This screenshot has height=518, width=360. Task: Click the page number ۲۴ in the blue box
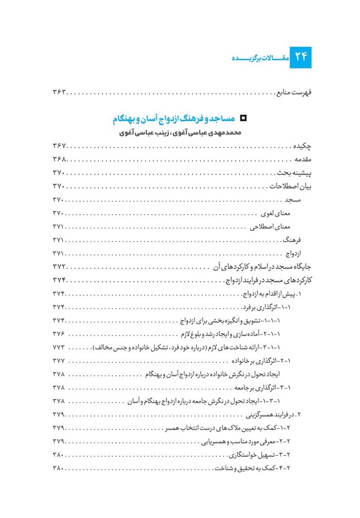coord(300,58)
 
